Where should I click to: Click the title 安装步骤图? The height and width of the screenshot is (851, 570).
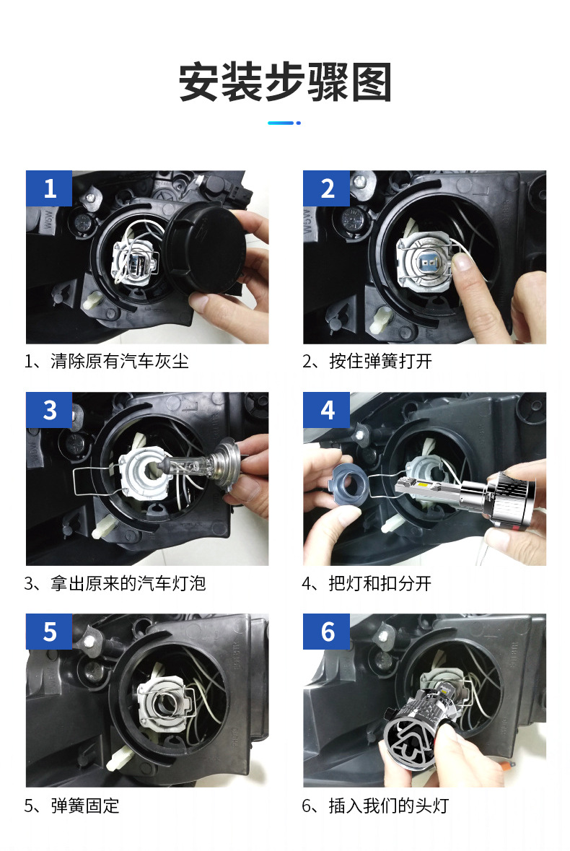click(x=285, y=82)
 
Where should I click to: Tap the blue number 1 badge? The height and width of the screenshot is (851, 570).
click(x=49, y=188)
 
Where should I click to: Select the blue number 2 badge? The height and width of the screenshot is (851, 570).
click(x=327, y=188)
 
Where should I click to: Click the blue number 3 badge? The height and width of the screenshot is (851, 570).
click(x=49, y=410)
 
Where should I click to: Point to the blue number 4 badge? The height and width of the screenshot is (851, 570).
click(x=327, y=410)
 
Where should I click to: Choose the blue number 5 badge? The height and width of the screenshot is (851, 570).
click(x=49, y=631)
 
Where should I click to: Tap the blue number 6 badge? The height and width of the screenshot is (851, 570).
click(x=327, y=631)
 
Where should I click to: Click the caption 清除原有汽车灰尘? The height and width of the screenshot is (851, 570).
click(x=119, y=361)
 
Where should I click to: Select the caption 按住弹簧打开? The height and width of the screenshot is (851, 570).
click(x=380, y=361)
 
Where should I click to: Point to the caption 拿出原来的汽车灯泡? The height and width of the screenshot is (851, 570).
click(x=128, y=583)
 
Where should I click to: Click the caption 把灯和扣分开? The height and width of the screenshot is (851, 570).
click(x=380, y=583)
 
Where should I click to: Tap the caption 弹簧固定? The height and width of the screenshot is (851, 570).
click(x=85, y=806)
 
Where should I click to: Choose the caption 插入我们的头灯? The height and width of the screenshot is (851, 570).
click(x=389, y=806)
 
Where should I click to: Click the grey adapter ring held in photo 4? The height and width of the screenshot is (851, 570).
click(x=350, y=481)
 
